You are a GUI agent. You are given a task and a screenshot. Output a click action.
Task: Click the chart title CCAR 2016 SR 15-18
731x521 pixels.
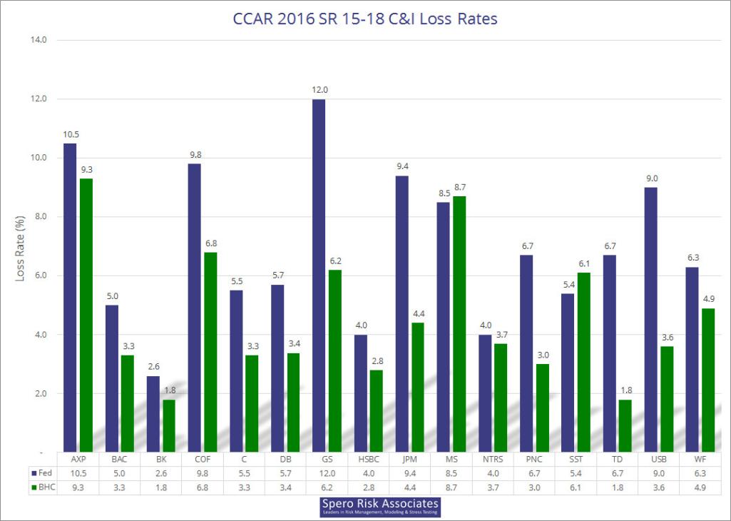pos(365,19)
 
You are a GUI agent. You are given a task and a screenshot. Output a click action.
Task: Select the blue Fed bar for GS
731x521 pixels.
pos(318,275)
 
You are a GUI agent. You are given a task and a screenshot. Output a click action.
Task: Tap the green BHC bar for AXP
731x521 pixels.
pos(86,315)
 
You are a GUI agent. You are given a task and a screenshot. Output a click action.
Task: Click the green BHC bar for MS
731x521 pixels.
pos(459,324)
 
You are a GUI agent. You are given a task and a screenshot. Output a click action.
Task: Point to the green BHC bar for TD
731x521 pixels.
pos(625,425)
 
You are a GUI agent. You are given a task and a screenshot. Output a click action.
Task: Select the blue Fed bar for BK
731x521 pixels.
pos(153,414)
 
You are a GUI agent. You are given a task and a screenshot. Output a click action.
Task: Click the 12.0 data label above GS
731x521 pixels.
pos(318,90)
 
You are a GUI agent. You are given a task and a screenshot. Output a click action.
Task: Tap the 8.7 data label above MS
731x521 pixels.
pos(459,187)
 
